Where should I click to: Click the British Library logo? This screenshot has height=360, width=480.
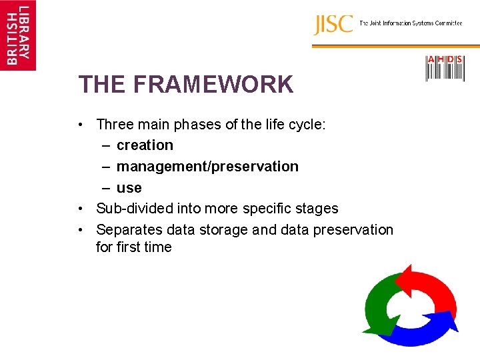pyautogui.click(x=18, y=35)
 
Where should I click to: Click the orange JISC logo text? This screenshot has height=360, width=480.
pyautogui.click(x=333, y=25)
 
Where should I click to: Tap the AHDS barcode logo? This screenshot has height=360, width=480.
pyautogui.click(x=445, y=69)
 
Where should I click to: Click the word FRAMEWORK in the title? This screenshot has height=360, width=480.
pyautogui.click(x=213, y=85)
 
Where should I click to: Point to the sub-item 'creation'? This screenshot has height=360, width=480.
pyautogui.click(x=145, y=145)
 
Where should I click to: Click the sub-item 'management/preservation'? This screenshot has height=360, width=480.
pyautogui.click(x=207, y=167)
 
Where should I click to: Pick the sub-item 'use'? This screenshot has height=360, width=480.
pyautogui.click(x=129, y=188)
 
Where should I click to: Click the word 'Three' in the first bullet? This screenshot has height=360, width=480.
pyautogui.click(x=115, y=124)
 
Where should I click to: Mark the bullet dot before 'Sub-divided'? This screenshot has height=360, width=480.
pyautogui.click(x=80, y=209)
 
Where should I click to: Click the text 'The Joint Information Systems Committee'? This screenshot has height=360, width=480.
pyautogui.click(x=411, y=23)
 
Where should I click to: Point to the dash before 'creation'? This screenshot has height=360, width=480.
pyautogui.click(x=107, y=145)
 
